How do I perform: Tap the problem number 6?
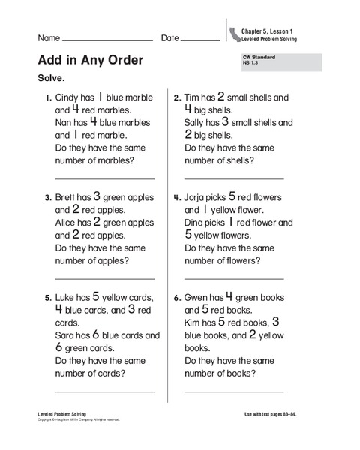click(x=177, y=298)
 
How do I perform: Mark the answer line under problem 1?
click(x=105, y=179)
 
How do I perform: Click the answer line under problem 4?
click(x=234, y=278)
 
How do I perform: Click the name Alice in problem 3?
click(x=67, y=223)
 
